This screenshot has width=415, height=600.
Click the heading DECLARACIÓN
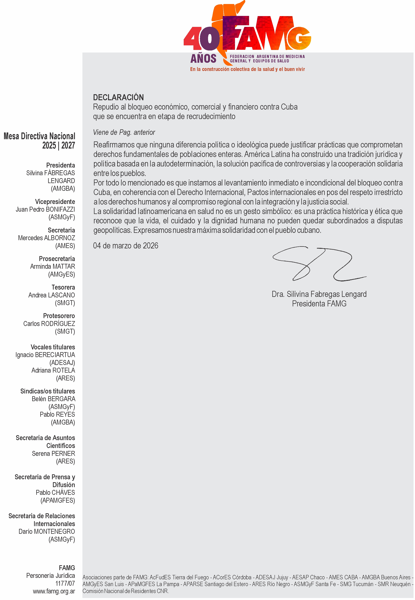[x=118, y=97]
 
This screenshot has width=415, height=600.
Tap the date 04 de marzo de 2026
[x=126, y=246]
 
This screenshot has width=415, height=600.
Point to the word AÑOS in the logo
[x=203, y=59]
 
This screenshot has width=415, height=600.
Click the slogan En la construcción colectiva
[x=247, y=69]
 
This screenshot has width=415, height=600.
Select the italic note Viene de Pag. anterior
[x=124, y=132]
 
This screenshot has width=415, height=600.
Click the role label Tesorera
[x=63, y=287]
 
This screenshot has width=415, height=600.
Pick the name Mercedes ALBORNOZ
[x=47, y=238]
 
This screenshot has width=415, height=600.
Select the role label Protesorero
[x=59, y=316]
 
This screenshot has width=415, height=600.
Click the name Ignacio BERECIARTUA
[x=45, y=355]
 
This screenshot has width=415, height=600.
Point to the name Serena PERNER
[x=53, y=453]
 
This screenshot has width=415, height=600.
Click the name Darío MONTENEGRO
[x=47, y=531]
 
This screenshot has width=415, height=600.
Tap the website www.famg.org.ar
[x=54, y=591]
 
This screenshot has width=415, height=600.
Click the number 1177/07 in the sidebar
[x=65, y=583]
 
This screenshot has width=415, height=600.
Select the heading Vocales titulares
[x=53, y=347]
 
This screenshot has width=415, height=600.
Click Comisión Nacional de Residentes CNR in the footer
[x=126, y=591]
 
